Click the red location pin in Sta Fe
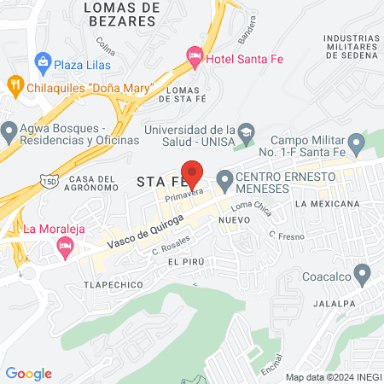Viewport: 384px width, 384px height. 193,173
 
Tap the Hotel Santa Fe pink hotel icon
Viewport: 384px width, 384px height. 195,56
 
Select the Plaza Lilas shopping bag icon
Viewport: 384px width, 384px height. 42,63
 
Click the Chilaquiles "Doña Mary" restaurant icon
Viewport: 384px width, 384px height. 14,85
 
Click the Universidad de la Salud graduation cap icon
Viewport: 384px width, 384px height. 246,131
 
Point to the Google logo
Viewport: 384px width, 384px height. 29,373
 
